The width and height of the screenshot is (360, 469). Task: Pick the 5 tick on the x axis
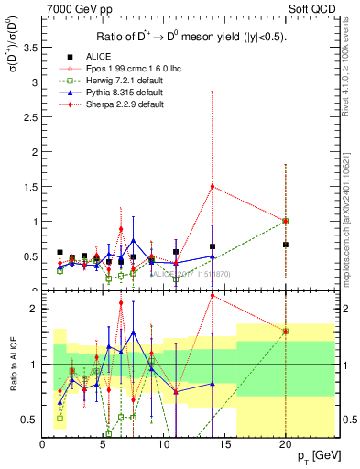pos(103,443)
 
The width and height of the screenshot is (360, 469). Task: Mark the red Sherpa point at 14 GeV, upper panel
pos(213,186)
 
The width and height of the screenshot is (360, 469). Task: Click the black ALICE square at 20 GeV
pos(286,245)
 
